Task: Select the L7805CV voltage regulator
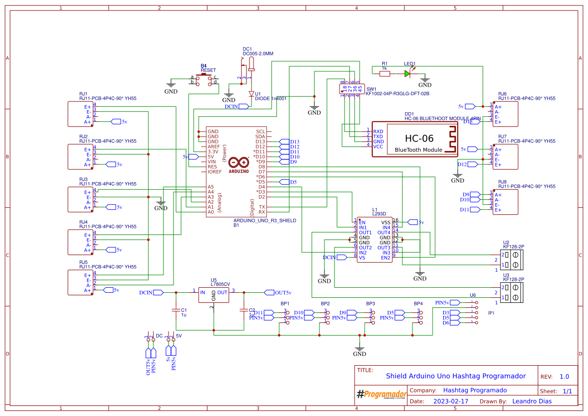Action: point(213,295)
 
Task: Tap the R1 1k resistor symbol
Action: point(385,73)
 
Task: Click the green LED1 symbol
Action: point(407,73)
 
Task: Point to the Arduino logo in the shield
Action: point(238,163)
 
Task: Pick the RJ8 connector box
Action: point(505,202)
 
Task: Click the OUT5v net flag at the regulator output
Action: point(282,292)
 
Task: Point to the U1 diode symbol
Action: point(251,94)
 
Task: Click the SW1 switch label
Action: point(371,89)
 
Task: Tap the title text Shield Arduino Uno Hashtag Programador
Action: point(456,376)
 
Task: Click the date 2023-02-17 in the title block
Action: point(451,401)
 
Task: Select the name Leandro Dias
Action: point(532,401)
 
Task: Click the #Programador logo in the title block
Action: point(381,394)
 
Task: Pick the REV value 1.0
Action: point(564,376)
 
